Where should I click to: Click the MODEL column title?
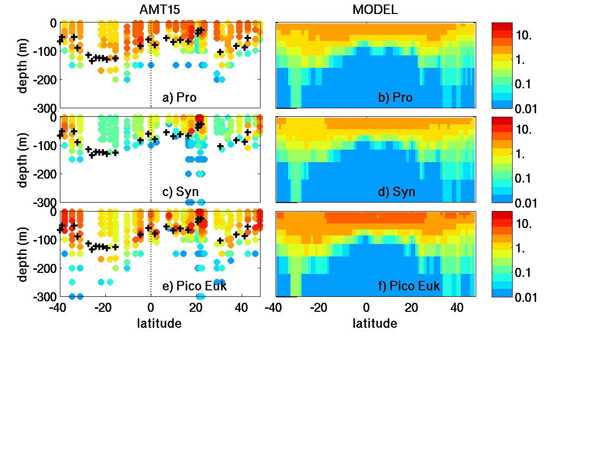point(375,9)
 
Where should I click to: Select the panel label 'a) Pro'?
point(180,97)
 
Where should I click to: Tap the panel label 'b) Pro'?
point(395,97)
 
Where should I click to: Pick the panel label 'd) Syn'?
point(397,192)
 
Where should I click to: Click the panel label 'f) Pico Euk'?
point(409,286)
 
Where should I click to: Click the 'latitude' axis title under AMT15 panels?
point(159,324)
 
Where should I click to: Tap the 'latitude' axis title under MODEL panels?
point(375,324)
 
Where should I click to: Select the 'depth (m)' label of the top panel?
point(23,65)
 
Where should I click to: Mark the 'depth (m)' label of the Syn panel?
point(23,159)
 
